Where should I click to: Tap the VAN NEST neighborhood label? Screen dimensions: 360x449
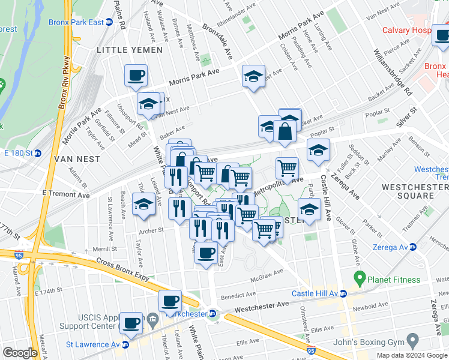72,160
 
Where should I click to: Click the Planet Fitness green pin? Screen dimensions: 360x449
360,278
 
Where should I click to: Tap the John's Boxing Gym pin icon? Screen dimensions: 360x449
412,341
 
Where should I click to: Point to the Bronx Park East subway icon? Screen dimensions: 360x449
109,22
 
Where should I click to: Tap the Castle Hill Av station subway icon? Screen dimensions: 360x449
343,293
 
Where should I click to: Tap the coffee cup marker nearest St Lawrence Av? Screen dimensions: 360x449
131,323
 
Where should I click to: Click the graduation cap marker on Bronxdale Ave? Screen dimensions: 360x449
254,76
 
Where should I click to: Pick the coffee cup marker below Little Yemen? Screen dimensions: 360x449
136,76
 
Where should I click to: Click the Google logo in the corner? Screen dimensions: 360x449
19,353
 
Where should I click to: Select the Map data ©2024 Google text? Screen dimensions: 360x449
411,355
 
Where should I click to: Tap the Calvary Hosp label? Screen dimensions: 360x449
415,30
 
